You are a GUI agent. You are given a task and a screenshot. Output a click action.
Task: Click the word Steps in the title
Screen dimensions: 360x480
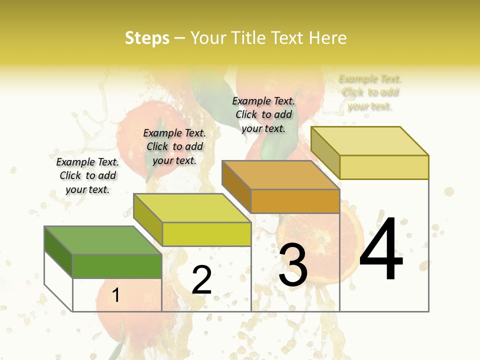pyautogui.click(x=146, y=38)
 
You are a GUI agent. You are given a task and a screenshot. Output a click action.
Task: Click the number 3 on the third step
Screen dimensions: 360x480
pyautogui.click(x=293, y=265)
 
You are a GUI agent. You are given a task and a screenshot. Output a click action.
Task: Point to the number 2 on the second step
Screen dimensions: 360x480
pyautogui.click(x=201, y=280)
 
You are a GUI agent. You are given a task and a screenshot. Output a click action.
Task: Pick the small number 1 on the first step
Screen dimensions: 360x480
pyautogui.click(x=115, y=295)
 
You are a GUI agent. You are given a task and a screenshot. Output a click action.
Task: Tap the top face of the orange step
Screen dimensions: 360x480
pyautogui.click(x=280, y=175)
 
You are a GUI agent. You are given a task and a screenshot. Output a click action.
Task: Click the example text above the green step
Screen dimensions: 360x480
pyautogui.click(x=87, y=175)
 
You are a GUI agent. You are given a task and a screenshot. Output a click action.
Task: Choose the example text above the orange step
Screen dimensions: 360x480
pyautogui.click(x=263, y=114)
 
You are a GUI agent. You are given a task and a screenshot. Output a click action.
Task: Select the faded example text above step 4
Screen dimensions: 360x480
pyautogui.click(x=370, y=92)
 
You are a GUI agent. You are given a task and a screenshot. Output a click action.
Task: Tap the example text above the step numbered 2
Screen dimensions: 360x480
pyautogui.click(x=174, y=146)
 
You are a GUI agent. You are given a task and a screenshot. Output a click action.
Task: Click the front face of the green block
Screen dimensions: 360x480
pyautogui.click(x=117, y=266)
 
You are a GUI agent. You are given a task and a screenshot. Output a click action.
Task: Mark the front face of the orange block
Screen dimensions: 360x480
pyautogui.click(x=295, y=201)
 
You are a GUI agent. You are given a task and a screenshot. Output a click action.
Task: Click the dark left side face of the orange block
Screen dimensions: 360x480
pyautogui.click(x=236, y=185)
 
